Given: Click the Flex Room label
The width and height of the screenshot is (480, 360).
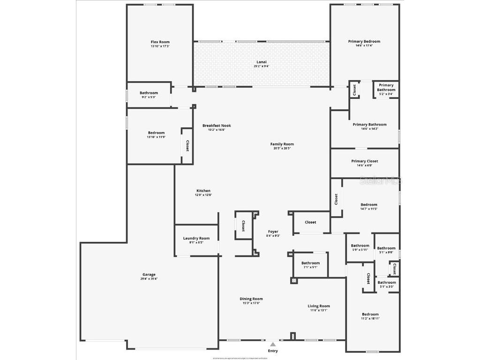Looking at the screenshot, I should click(160, 42).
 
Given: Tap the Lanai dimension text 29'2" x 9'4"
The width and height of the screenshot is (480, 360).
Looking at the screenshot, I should click(261, 66).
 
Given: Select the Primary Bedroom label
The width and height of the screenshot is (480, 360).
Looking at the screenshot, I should click(364, 41).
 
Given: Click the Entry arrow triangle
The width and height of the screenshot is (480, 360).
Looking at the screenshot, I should click(273, 345).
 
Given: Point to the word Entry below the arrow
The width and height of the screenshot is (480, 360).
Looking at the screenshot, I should click(273, 351).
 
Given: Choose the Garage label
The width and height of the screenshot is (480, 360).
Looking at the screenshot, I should click(149, 275).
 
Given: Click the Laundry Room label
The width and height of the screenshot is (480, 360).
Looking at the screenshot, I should click(196, 238).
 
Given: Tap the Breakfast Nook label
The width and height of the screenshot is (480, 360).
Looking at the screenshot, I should click(217, 126).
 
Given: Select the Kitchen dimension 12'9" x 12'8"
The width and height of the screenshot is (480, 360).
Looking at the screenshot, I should click(203, 195).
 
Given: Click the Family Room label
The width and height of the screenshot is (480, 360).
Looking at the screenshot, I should click(282, 144).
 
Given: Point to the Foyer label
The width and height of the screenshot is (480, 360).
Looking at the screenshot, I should click(273, 232).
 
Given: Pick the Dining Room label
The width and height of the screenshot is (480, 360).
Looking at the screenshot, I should click(251, 299).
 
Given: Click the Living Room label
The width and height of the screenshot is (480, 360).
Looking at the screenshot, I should click(319, 306).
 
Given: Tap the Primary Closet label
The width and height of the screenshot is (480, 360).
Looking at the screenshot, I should click(364, 161).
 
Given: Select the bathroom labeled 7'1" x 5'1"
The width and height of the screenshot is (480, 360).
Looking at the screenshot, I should click(310, 265).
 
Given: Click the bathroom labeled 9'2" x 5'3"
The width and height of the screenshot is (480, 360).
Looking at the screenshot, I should click(149, 95).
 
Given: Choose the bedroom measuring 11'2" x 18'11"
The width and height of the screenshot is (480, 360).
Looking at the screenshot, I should click(370, 316).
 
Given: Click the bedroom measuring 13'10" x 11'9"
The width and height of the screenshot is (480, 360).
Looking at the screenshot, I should click(156, 135).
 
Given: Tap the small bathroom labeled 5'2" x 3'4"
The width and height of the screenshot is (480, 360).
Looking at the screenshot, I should click(386, 89).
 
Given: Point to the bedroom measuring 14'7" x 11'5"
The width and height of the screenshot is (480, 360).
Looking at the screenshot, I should click(368, 206).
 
